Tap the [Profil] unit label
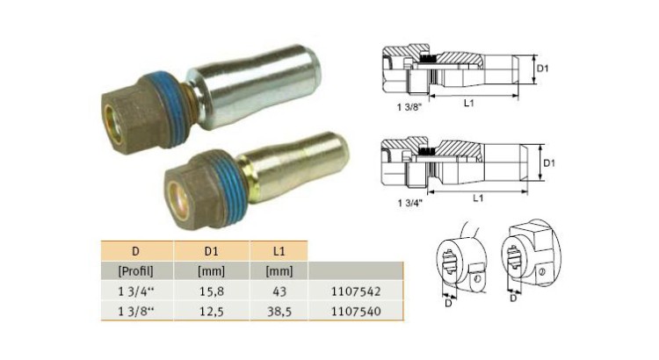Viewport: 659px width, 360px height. point(134,270)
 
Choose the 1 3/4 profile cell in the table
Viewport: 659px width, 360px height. point(134,289)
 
